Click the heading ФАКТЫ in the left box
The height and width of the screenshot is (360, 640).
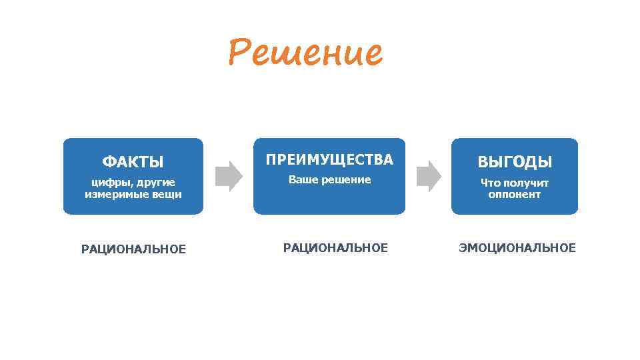pos(133,162)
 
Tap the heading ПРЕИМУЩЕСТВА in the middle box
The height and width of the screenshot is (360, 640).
pos(329,159)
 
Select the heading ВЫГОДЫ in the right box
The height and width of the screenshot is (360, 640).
pos(514,162)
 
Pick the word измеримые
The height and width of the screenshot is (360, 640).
pos(114,195)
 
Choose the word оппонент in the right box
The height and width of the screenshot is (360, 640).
pos(514,195)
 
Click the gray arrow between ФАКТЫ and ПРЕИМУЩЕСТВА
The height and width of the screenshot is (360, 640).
pos(229,175)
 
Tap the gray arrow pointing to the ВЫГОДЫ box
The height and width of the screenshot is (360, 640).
pos(428,175)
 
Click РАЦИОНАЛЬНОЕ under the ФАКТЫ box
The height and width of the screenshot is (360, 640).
pos(133,249)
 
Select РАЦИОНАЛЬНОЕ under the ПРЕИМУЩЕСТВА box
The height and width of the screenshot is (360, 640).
pos(335,248)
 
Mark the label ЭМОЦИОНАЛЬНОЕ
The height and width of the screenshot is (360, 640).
pos(517,248)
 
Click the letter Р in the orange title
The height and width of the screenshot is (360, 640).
pos(239,53)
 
